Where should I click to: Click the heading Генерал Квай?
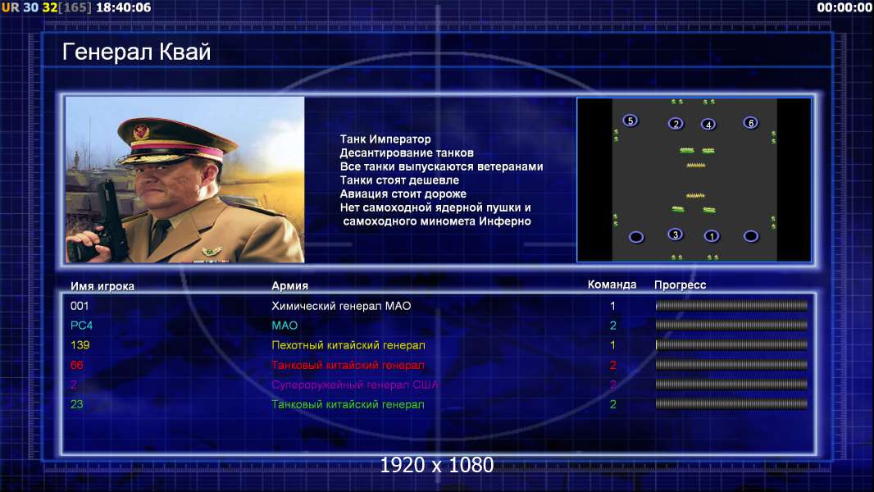tap(137, 52)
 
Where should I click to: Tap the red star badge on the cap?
tap(141, 132)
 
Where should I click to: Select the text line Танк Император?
tap(385, 139)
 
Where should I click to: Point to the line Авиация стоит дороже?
tap(403, 194)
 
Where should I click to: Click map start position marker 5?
tap(630, 121)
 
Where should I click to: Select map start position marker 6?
tap(751, 122)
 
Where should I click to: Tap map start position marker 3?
tap(675, 235)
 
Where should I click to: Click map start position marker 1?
tap(711, 236)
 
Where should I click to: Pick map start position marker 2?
tap(676, 124)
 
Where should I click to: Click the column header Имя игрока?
tap(102, 286)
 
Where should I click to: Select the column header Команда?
tap(612, 285)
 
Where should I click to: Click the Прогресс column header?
tap(680, 285)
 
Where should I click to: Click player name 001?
tap(80, 306)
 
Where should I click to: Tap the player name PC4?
tap(81, 326)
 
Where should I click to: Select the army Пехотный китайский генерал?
tap(348, 345)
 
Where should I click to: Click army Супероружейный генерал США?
tap(354, 385)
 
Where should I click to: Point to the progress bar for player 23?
tap(731, 404)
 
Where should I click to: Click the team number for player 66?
tap(612, 366)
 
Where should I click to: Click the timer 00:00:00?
tap(844, 7)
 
